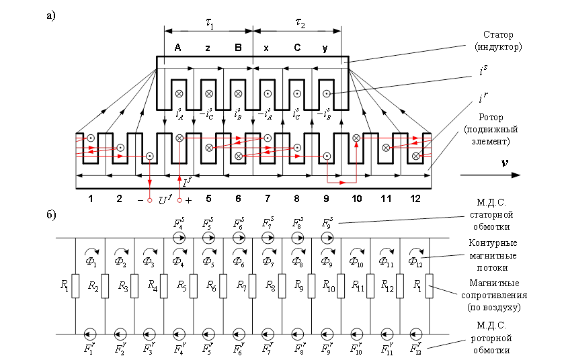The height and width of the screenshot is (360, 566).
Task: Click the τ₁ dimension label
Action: (210, 24)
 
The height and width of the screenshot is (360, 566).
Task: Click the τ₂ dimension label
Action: (300, 23)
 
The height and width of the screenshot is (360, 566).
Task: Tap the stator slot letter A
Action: (177, 48)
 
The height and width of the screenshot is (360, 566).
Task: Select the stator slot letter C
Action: (297, 48)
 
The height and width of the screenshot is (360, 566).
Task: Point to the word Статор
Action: (498, 35)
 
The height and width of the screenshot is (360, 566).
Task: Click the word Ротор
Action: (491, 118)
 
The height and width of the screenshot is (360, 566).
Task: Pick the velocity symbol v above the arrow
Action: (505, 163)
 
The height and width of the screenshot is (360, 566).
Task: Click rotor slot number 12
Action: (415, 199)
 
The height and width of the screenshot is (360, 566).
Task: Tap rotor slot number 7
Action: (268, 199)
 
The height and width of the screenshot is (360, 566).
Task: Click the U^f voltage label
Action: (165, 199)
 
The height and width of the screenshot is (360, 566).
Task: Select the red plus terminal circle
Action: (179, 201)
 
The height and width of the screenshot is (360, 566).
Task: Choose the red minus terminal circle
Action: (149, 201)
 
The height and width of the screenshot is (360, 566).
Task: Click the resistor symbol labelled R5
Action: (194, 286)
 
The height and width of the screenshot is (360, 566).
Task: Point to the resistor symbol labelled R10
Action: (341, 286)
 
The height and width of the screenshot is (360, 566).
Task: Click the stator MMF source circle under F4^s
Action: (179, 238)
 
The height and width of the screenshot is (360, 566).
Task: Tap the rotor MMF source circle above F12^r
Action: (416, 334)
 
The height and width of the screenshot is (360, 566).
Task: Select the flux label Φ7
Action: (268, 261)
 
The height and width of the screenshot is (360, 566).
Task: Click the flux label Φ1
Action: (91, 261)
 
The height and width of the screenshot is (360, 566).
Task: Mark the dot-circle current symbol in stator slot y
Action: (326, 94)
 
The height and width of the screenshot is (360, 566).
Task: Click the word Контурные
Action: (493, 242)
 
